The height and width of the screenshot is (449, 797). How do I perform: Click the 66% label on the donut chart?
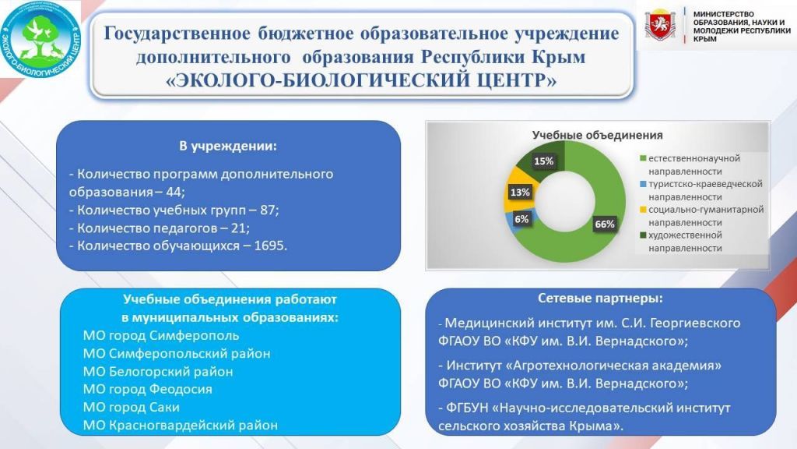[604, 224]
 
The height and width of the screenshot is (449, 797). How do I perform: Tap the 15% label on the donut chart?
[543, 161]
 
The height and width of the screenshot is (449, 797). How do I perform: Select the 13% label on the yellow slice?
[520, 193]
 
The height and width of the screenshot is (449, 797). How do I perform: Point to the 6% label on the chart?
[521, 219]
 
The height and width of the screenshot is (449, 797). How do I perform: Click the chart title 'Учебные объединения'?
[597, 136]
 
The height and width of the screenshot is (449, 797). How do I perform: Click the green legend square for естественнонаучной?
[643, 158]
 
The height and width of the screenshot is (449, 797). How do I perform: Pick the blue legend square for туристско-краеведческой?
[643, 184]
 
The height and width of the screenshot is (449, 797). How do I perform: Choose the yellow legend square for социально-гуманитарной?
[643, 209]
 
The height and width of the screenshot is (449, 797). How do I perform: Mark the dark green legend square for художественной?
[643, 235]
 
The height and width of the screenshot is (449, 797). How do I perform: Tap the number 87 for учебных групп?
[268, 210]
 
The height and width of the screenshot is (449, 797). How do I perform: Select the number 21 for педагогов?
[238, 228]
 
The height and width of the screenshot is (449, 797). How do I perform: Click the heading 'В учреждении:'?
[228, 147]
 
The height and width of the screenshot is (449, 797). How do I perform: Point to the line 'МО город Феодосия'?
[147, 390]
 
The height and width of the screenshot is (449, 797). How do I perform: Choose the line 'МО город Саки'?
[131, 407]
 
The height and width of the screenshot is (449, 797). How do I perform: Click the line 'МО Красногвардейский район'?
[181, 425]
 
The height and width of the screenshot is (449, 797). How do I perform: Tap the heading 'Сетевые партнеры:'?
[600, 299]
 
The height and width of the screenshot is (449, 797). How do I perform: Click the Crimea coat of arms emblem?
[660, 24]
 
